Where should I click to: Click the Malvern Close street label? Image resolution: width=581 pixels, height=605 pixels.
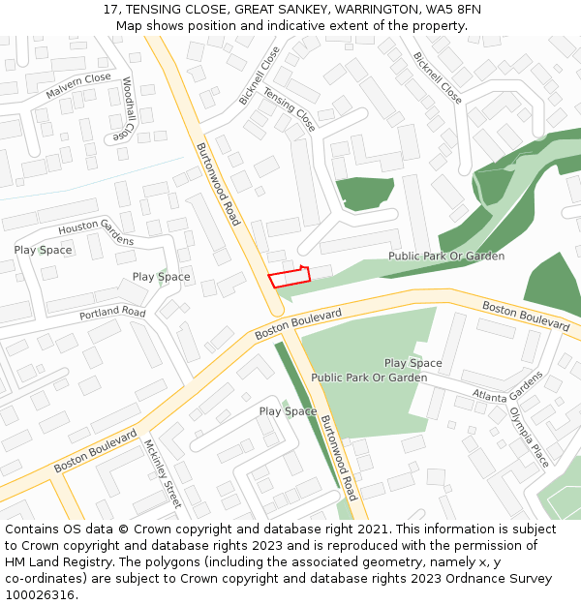click(78, 85)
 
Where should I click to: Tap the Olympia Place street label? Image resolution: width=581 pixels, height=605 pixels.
click(529, 436)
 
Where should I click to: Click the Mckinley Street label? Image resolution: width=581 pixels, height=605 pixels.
click(162, 473)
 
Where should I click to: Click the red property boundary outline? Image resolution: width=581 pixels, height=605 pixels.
click(289, 277)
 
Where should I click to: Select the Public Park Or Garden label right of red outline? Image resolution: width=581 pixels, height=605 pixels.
click(446, 257)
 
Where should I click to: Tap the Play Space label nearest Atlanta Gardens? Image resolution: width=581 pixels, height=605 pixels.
click(413, 363)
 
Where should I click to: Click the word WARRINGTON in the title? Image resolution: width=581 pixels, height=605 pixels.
click(373, 9)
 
